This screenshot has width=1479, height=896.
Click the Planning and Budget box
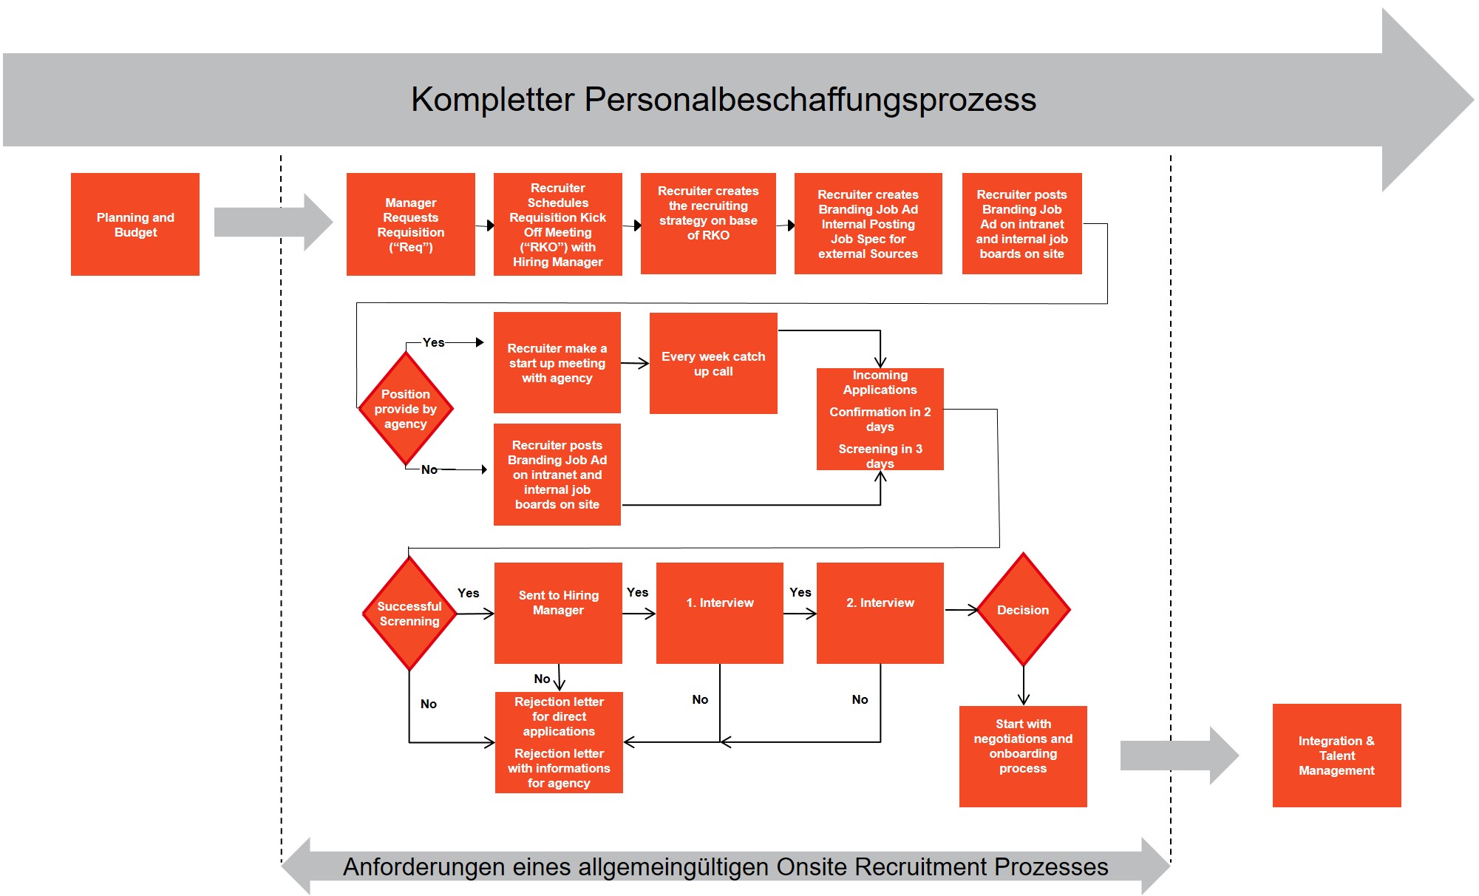pyautogui.click(x=135, y=224)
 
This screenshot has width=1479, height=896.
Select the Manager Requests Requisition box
pyautogui.click(x=410, y=224)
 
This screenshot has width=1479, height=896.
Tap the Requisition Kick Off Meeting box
pyautogui.click(x=557, y=224)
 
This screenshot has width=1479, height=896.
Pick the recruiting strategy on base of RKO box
pyautogui.click(x=708, y=223)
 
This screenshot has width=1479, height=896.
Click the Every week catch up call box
pyautogui.click(x=713, y=363)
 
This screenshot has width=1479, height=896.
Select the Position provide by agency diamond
pyautogui.click(x=406, y=408)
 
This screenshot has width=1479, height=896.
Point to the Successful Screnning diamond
pyautogui.click(x=409, y=614)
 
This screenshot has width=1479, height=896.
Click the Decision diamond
pyautogui.click(x=1023, y=610)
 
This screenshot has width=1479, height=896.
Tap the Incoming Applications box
pyautogui.click(x=880, y=419)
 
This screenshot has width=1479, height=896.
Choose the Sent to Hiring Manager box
pyautogui.click(x=558, y=613)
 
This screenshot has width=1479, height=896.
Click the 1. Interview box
pyautogui.click(x=719, y=613)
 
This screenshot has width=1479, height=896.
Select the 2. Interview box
pyautogui.click(x=880, y=613)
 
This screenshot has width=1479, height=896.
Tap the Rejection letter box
pyautogui.click(x=559, y=742)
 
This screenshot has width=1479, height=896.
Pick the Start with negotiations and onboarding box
pyautogui.click(x=1023, y=756)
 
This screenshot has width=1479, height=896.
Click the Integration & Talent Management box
pyautogui.click(x=1336, y=756)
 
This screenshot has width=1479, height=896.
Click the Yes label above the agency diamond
pyautogui.click(x=434, y=342)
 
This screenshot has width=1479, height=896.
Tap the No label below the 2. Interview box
pyautogui.click(x=860, y=699)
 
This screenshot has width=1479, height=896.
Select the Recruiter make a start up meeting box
pyautogui.click(x=557, y=362)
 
